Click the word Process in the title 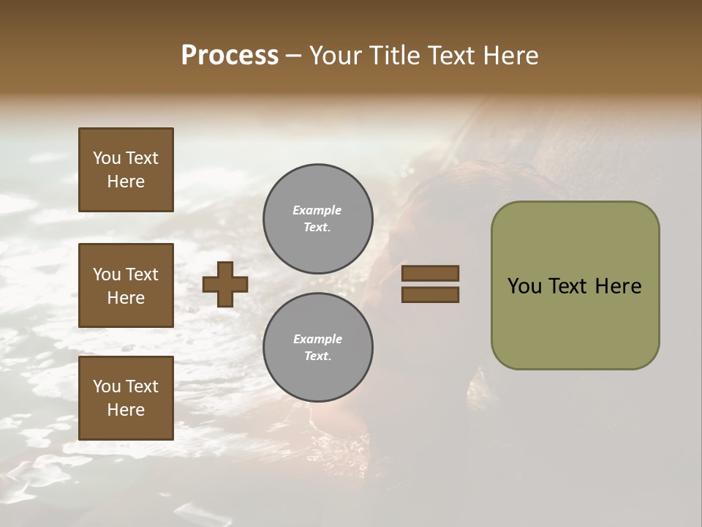pyautogui.click(x=230, y=56)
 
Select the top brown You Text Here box pyautogui.click(x=126, y=170)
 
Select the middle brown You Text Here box pyautogui.click(x=126, y=285)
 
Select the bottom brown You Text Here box pyautogui.click(x=126, y=398)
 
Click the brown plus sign pyautogui.click(x=225, y=284)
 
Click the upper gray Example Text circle pyautogui.click(x=318, y=219)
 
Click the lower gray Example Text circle pyautogui.click(x=318, y=348)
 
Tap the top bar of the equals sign pyautogui.click(x=431, y=274)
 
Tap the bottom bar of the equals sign pyautogui.click(x=431, y=295)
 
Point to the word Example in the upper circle pyautogui.click(x=317, y=210)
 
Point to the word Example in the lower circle pyautogui.click(x=317, y=339)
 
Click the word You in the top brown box pyautogui.click(x=107, y=158)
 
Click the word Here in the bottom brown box pyautogui.click(x=126, y=410)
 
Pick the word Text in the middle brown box pyautogui.click(x=142, y=274)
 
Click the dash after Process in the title pyautogui.click(x=294, y=56)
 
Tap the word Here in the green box pyautogui.click(x=618, y=286)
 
